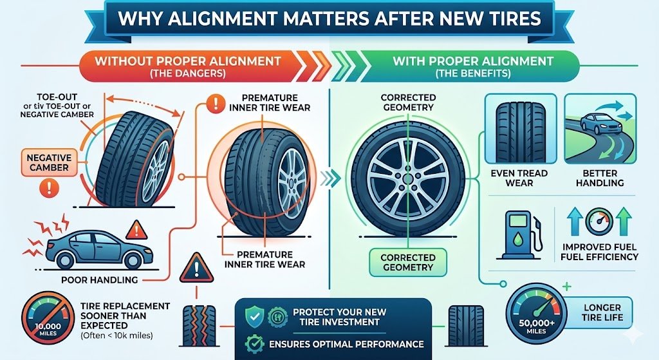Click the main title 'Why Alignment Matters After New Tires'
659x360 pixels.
[x=329, y=18]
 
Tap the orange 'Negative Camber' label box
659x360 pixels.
[x=49, y=162]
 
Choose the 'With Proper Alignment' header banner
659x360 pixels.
[x=473, y=66]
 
